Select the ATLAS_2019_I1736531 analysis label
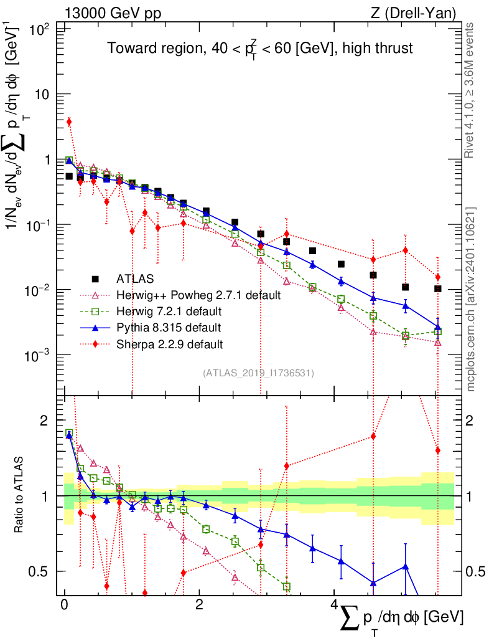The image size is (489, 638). click(x=258, y=373)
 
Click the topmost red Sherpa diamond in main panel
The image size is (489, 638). click(x=69, y=122)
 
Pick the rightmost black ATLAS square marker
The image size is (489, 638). click(x=438, y=288)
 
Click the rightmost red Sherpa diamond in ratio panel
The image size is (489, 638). click(x=438, y=450)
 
